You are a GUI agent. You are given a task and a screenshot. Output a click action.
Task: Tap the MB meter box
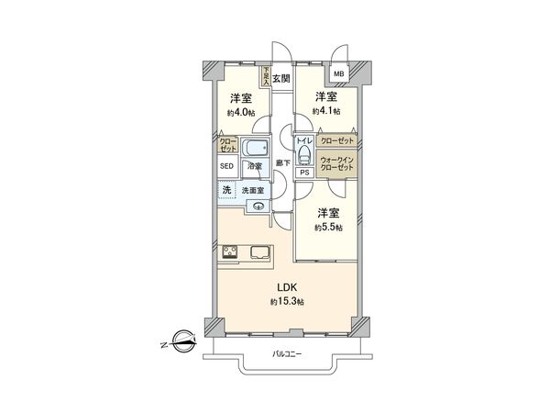click(x=339, y=74)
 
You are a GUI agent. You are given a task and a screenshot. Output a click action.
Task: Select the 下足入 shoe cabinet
click(x=267, y=76)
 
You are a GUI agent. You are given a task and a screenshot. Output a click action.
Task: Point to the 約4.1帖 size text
click(x=325, y=111)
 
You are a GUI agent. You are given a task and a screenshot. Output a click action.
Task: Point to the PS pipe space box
click(x=303, y=171)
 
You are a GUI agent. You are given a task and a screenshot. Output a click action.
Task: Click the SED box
click(x=226, y=167)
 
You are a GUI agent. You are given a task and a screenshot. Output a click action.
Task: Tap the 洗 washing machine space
click(x=226, y=190)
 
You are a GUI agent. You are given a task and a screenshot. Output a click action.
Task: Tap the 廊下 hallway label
click(x=285, y=162)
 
